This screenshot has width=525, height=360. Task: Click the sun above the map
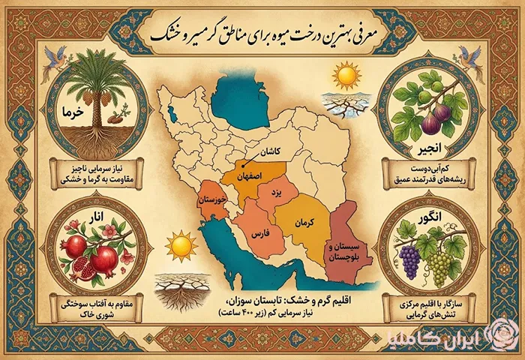347,76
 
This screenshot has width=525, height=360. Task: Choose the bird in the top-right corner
471,56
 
